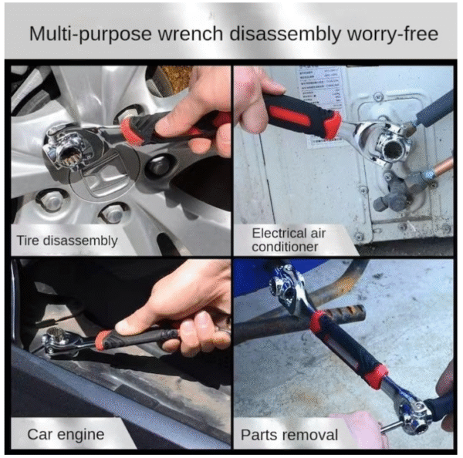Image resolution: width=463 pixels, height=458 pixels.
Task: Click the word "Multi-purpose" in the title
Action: tap(90, 35)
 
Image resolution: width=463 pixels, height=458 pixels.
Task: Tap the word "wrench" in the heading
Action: tap(191, 34)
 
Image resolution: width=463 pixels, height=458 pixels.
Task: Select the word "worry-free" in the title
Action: tap(393, 34)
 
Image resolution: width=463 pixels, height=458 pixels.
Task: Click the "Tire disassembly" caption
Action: tap(67, 241)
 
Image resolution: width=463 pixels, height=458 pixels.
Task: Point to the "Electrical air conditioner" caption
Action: tap(289, 240)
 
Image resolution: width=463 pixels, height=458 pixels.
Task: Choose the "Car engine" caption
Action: tap(66, 434)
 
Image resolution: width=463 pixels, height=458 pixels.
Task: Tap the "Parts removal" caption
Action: tap(289, 435)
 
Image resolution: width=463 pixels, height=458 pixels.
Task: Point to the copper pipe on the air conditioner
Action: tap(444, 166)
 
